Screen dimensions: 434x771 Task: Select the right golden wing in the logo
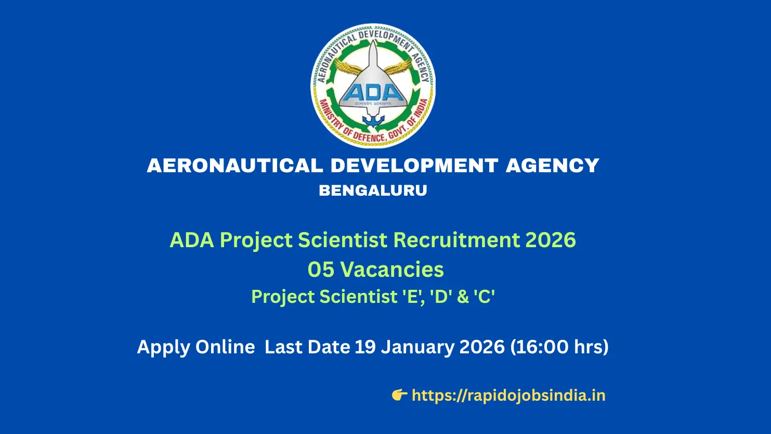tap(397, 68)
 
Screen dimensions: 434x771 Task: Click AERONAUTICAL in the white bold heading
tap(235, 166)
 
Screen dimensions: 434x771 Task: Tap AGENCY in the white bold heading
tap(553, 166)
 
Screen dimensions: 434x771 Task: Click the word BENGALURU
tap(373, 190)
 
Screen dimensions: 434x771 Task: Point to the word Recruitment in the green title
tap(456, 240)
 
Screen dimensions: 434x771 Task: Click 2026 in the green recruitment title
tap(551, 240)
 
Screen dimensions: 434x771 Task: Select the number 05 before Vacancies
tap(320, 270)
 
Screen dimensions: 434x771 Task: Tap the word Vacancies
tap(393, 270)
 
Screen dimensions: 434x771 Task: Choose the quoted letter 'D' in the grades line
tap(441, 297)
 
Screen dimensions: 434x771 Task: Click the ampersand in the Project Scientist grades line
tap(463, 297)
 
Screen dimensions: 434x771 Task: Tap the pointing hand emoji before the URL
tap(399, 395)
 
